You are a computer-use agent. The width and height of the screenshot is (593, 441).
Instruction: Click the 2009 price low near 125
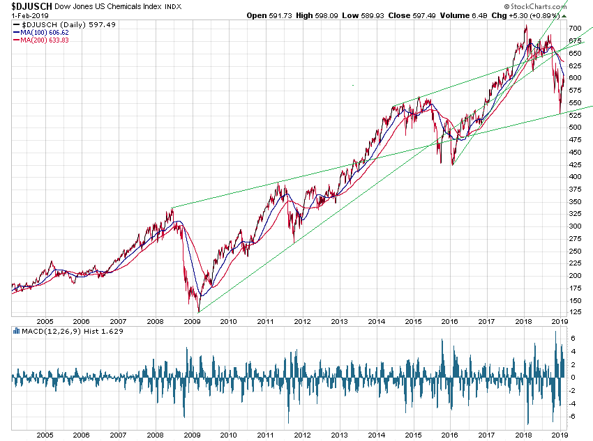(x=199, y=311)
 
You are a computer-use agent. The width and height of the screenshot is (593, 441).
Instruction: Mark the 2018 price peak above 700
(x=525, y=26)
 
